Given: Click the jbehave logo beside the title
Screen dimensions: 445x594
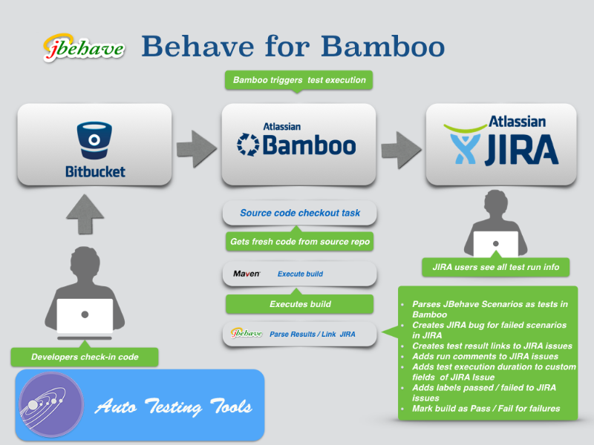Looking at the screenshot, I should pos(84,47).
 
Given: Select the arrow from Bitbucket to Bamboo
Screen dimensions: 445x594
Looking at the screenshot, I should pos(197,145).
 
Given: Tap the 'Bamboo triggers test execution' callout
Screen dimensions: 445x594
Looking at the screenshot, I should pos(299,80).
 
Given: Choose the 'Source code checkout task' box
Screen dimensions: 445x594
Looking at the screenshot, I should pos(300,213).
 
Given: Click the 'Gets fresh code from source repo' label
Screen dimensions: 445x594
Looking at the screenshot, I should pos(300,242).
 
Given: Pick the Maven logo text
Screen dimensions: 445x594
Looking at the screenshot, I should pos(247,274).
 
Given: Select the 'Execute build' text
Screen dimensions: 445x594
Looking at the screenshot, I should pos(300,274).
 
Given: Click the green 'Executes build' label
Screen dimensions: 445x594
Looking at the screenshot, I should pos(300,303).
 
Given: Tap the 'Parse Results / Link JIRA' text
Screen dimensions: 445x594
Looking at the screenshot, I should pos(312,334).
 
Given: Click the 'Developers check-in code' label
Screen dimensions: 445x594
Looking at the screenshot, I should pos(85,357).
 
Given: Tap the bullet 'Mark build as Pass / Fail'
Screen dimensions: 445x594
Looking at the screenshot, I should pos(486,409).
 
